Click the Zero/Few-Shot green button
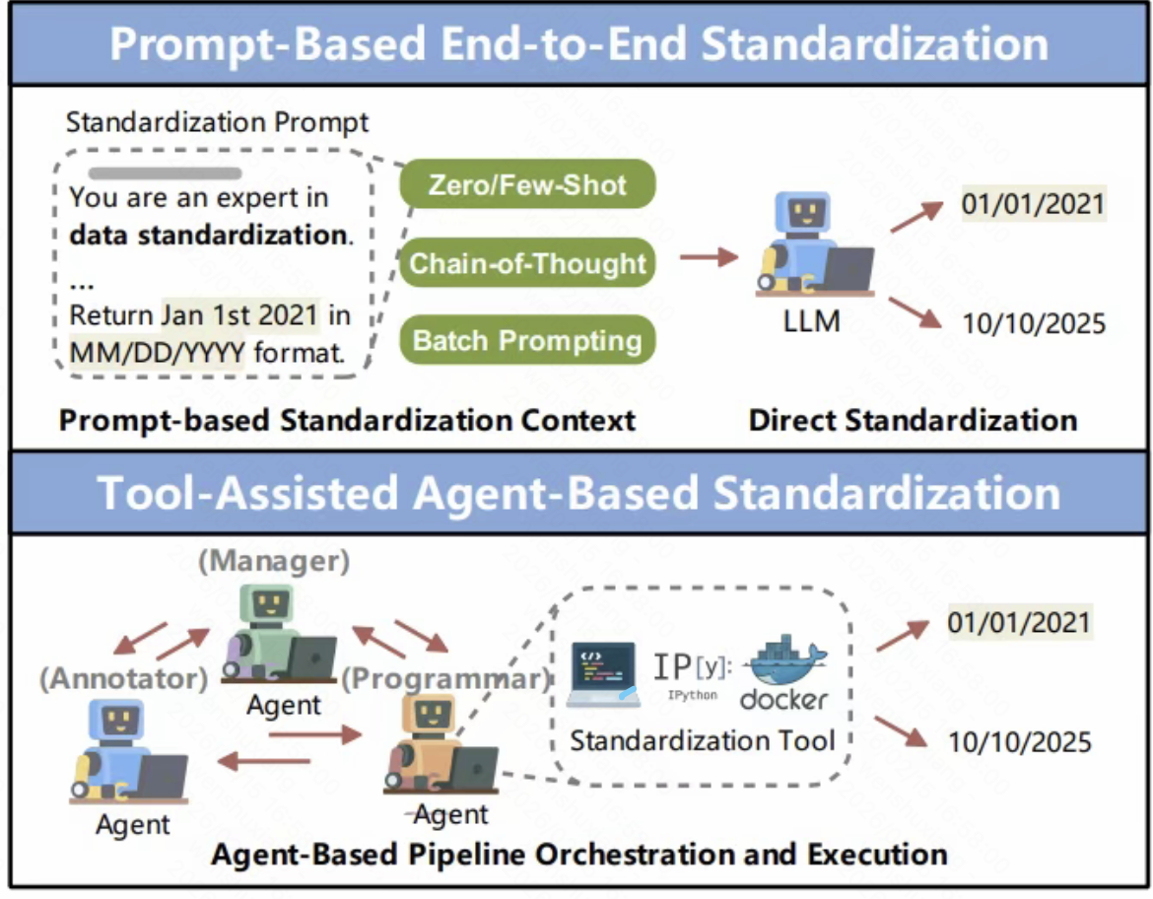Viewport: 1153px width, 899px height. [x=527, y=184]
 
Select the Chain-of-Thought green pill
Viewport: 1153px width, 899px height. [x=527, y=263]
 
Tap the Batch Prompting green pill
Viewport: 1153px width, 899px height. [x=527, y=341]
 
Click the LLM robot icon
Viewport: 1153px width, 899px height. [x=814, y=245]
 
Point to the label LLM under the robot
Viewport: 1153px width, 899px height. [x=813, y=320]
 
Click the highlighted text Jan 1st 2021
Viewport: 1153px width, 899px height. [x=240, y=315]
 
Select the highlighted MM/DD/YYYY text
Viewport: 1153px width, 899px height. [x=157, y=350]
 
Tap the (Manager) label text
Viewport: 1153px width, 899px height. [x=274, y=563]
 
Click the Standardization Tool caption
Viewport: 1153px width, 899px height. [x=703, y=740]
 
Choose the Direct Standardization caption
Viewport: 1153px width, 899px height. [x=913, y=420]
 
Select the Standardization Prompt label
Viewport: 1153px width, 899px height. [x=217, y=123]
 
